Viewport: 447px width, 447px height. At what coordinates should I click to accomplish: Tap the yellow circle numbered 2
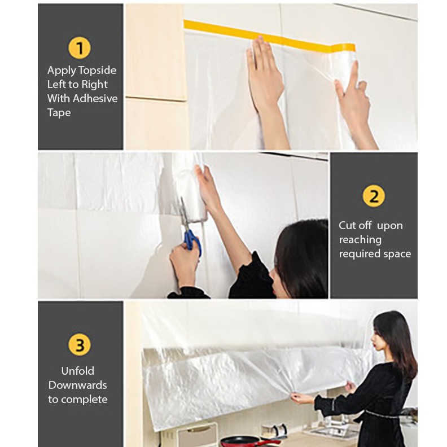(x=374, y=196)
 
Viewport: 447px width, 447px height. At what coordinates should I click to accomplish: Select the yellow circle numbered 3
(x=80, y=344)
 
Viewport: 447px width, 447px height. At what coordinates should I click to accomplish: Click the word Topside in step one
(x=97, y=71)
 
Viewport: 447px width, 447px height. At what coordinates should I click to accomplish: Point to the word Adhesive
(x=95, y=98)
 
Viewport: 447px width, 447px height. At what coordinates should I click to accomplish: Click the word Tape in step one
(x=59, y=113)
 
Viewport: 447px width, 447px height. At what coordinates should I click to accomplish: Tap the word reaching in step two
(x=360, y=240)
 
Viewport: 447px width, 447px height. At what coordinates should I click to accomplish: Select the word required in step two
(x=359, y=255)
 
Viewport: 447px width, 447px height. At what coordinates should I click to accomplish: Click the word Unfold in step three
(x=78, y=371)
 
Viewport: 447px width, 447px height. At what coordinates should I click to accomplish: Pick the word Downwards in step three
(x=77, y=385)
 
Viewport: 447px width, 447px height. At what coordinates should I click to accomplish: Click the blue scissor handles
(x=192, y=240)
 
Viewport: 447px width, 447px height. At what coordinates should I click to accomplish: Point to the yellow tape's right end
(x=354, y=47)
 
